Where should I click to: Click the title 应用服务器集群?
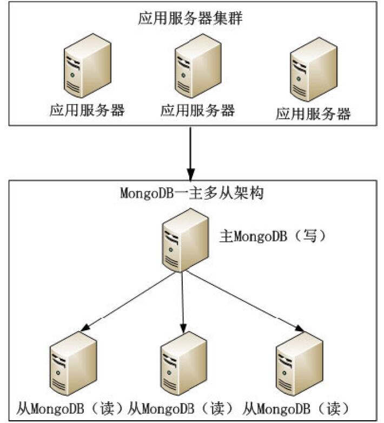click(x=191, y=21)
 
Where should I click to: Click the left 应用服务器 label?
click(x=87, y=111)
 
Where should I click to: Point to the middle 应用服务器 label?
click(x=197, y=111)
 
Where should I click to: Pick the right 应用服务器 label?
click(x=313, y=114)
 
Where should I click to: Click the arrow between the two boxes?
click(x=190, y=154)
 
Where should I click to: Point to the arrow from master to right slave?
click(x=243, y=302)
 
